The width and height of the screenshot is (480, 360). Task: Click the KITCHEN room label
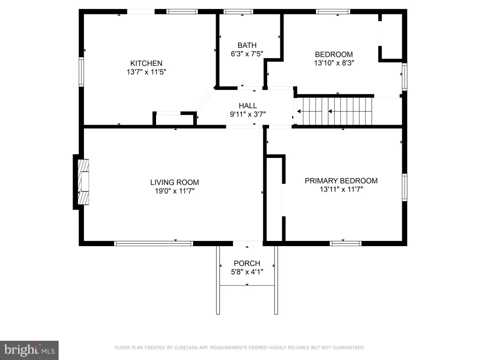pyautogui.click(x=146, y=63)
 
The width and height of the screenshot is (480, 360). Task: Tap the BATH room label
pyautogui.click(x=247, y=45)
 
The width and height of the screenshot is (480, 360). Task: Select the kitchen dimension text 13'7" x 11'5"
pyautogui.click(x=146, y=72)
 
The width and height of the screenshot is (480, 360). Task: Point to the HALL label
pyautogui.click(x=247, y=105)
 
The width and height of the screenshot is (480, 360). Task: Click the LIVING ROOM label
pyautogui.click(x=174, y=182)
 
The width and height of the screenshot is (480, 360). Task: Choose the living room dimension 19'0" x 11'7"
pyautogui.click(x=174, y=191)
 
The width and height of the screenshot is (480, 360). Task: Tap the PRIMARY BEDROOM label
pyautogui.click(x=341, y=181)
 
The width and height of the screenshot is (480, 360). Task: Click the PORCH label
pyautogui.click(x=247, y=263)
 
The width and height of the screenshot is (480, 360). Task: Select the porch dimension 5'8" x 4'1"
pyautogui.click(x=247, y=272)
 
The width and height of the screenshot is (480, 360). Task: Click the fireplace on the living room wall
pyautogui.click(x=83, y=182)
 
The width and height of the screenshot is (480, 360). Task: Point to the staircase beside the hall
pyautogui.click(x=335, y=111)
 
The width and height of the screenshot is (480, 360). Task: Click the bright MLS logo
pyautogui.click(x=30, y=350)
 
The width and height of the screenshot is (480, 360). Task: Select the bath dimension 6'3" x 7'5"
pyautogui.click(x=247, y=54)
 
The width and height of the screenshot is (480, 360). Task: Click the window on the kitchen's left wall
pyautogui.click(x=81, y=72)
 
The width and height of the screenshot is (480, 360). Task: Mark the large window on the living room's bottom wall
pyautogui.click(x=154, y=243)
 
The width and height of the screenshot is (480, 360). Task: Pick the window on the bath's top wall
pyautogui.click(x=238, y=12)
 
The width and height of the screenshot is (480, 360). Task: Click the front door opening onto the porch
pyautogui.click(x=247, y=243)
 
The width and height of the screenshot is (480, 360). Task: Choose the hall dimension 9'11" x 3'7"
pyautogui.click(x=247, y=114)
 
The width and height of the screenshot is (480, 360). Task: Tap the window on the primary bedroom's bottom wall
pyautogui.click(x=345, y=243)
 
